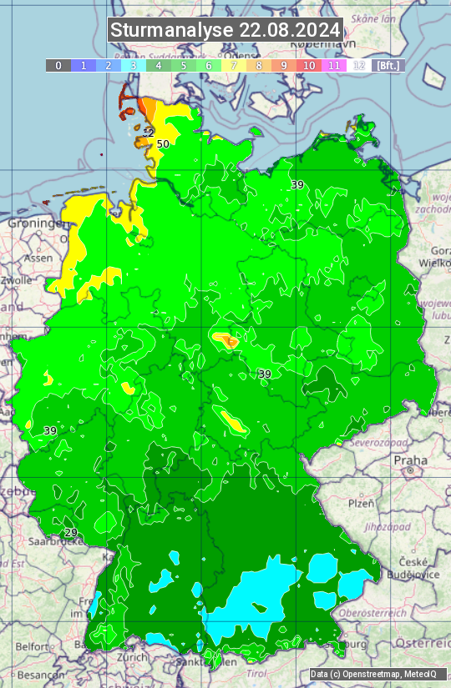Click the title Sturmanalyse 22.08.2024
click(x=225, y=30)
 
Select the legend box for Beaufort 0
click(x=58, y=65)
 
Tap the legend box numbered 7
click(x=234, y=65)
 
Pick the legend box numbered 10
click(x=309, y=65)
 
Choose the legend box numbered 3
click(x=134, y=65)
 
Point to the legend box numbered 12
click(x=359, y=65)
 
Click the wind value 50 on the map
click(x=163, y=143)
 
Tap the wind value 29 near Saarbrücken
click(x=71, y=533)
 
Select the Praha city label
click(x=411, y=460)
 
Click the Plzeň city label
click(x=361, y=504)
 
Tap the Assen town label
click(x=38, y=259)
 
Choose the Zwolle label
click(x=17, y=280)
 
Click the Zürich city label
click(x=133, y=656)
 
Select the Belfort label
click(x=33, y=646)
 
